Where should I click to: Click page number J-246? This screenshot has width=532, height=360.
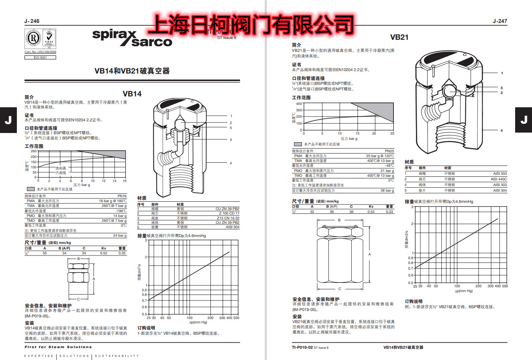pos(32,21)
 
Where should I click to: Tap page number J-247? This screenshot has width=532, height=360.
pos(500,21)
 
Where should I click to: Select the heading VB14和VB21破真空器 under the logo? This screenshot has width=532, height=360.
pos(132,71)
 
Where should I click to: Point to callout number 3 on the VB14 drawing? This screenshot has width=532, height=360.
pos(231,139)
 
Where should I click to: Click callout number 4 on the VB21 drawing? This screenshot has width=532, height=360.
pos(501,131)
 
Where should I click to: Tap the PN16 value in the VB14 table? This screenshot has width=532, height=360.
pos(122,196)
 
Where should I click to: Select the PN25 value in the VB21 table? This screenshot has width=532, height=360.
pos(389,151)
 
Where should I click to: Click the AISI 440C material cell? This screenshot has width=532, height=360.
pos(499,179)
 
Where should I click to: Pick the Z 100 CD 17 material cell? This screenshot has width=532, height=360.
pos(230,213)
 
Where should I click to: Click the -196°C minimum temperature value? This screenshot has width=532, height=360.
pos(120,211)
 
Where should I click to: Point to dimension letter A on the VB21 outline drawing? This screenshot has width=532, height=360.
pos(369,254)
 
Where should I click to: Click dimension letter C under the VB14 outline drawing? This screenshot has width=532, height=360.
pos(78,299)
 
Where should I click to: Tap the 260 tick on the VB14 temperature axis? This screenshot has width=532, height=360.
pos(34,151)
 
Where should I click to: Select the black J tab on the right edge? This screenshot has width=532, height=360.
pos(524,120)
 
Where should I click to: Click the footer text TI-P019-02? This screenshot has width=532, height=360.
pos(302,347)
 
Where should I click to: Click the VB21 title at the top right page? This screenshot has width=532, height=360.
pos(399,37)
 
